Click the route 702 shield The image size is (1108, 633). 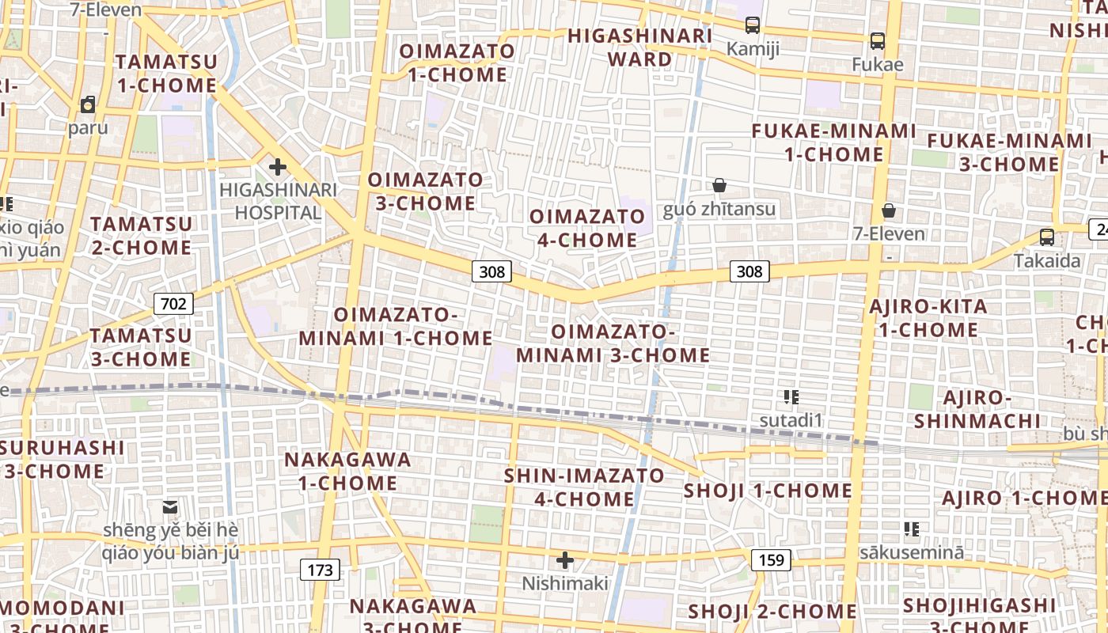click(x=173, y=303)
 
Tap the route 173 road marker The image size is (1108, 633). click(x=320, y=569)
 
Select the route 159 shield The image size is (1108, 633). click(x=771, y=560)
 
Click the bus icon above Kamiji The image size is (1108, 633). click(x=753, y=25)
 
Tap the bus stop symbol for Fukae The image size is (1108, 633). click(x=877, y=41)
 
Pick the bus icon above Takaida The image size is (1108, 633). click(x=1047, y=237)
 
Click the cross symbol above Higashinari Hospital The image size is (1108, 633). click(x=277, y=167)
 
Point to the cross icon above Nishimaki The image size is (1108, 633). click(x=564, y=560)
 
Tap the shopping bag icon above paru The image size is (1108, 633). click(x=88, y=104)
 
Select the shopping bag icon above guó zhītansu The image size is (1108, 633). click(x=719, y=185)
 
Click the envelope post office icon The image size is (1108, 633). click(x=170, y=506)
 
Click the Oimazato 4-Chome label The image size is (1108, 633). click(x=587, y=228)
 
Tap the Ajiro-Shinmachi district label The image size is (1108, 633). click(x=977, y=408)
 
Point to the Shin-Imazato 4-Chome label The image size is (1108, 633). click(x=585, y=487)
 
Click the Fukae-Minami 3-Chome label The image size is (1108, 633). click(x=1009, y=153)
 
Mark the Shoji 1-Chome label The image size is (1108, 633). click(x=768, y=491)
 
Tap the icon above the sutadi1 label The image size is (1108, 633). click(x=791, y=396)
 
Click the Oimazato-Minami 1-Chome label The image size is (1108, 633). click(x=396, y=326)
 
